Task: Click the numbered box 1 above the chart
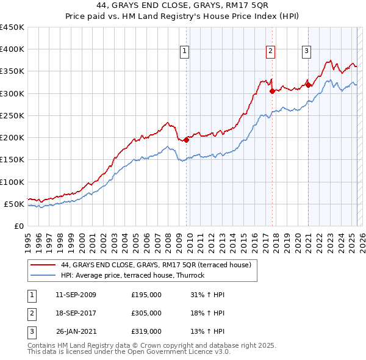(184, 51)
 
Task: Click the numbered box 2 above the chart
(270, 51)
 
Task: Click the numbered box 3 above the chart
(306, 51)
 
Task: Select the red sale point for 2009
(186, 140)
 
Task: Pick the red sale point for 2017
(273, 91)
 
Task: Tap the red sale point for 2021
(309, 85)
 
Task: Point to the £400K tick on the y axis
(13, 49)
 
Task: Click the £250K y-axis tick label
(13, 115)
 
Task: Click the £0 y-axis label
(19, 226)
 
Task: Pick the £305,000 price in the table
(146, 313)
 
